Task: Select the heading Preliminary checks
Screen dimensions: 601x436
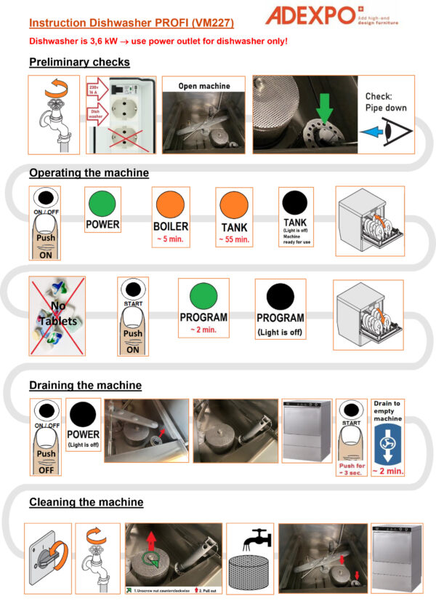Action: coord(79,62)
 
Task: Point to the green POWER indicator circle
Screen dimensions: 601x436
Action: coord(102,201)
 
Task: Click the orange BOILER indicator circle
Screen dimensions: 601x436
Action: coord(169,201)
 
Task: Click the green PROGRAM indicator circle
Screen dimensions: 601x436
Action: coord(203,296)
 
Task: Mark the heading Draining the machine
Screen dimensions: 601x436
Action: coord(85,385)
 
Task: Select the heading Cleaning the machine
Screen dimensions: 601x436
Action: coord(86,502)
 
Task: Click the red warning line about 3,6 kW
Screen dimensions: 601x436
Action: coord(158,41)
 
